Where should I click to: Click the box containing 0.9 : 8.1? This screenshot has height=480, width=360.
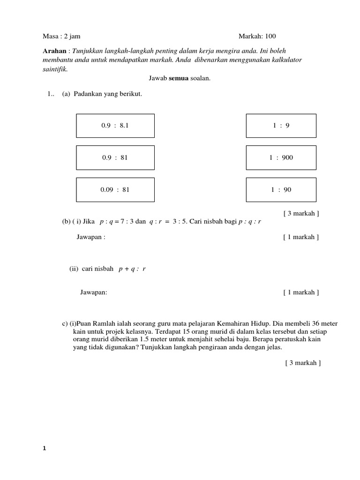point(115,126)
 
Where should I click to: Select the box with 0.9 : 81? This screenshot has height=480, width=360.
point(115,157)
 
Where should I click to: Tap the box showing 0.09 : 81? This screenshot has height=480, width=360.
point(115,189)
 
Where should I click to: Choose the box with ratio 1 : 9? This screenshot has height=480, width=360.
point(281,126)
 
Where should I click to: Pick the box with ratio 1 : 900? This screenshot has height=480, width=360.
point(281,157)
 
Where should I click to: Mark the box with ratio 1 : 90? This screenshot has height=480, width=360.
point(281,189)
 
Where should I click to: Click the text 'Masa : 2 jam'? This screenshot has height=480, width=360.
point(58,36)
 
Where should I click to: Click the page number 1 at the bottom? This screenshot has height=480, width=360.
point(45,448)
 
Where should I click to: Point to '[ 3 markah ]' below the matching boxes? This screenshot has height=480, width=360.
point(301,213)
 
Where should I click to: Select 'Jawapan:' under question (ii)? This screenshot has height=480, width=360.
point(94,292)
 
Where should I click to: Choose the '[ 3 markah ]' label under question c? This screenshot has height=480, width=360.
point(303,362)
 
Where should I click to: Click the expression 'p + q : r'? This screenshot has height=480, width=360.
point(133,269)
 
